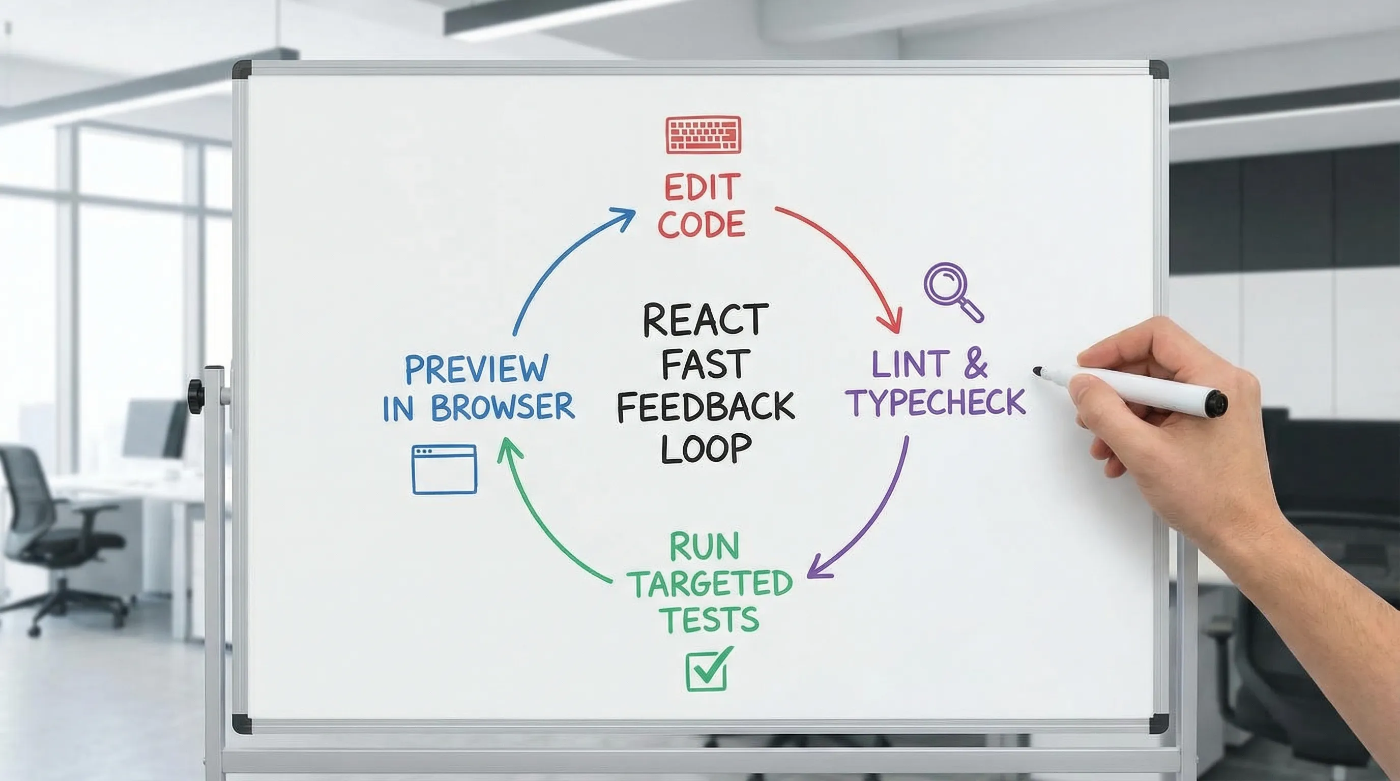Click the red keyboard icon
703,135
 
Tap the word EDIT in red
702,188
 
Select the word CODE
701,224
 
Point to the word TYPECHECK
938,402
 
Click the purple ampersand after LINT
976,365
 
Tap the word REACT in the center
706,320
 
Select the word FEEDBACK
706,407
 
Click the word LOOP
706,448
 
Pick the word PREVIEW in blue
476,369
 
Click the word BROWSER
502,407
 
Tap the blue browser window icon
444,469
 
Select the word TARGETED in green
712,584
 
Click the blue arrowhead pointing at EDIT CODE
624,216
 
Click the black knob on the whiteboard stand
195,397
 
